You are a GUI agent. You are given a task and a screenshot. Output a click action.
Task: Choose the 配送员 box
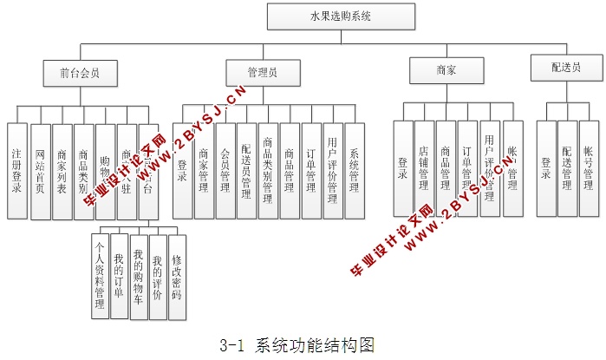(566, 68)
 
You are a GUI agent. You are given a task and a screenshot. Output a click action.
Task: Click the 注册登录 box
(16, 170)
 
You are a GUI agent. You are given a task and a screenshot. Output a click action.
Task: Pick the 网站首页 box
(40, 170)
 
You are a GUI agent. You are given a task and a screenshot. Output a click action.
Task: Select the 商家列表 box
(62, 170)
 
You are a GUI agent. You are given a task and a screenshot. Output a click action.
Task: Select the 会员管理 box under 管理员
(225, 170)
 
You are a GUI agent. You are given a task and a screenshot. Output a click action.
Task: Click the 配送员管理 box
(247, 170)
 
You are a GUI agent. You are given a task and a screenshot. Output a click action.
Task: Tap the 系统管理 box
(355, 170)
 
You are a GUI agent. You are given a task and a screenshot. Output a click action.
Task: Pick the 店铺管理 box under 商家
(424, 167)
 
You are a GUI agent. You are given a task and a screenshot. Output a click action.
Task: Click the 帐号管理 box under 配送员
(590, 167)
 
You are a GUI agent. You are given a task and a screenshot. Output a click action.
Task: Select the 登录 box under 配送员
(546, 167)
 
